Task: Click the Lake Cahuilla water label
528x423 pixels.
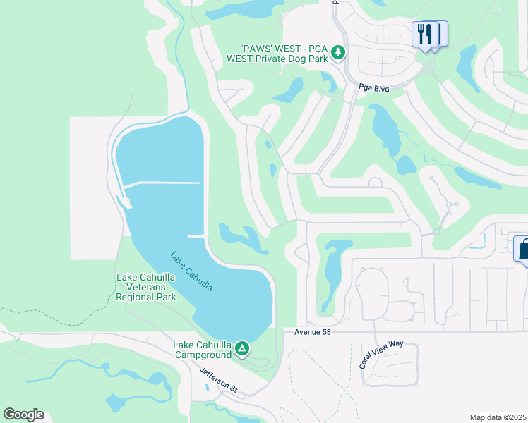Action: point(191,271)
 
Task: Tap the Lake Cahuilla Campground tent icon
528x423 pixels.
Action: point(242,348)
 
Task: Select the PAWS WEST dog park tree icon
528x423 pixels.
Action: point(338,51)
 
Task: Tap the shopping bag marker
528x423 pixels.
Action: point(524,249)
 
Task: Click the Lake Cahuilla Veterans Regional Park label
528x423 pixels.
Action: point(145,287)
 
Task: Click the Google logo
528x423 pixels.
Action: point(23,415)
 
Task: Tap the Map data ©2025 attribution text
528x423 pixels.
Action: point(497,417)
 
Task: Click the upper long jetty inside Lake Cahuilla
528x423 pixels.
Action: point(162,183)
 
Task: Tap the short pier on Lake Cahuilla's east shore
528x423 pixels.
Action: point(196,235)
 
